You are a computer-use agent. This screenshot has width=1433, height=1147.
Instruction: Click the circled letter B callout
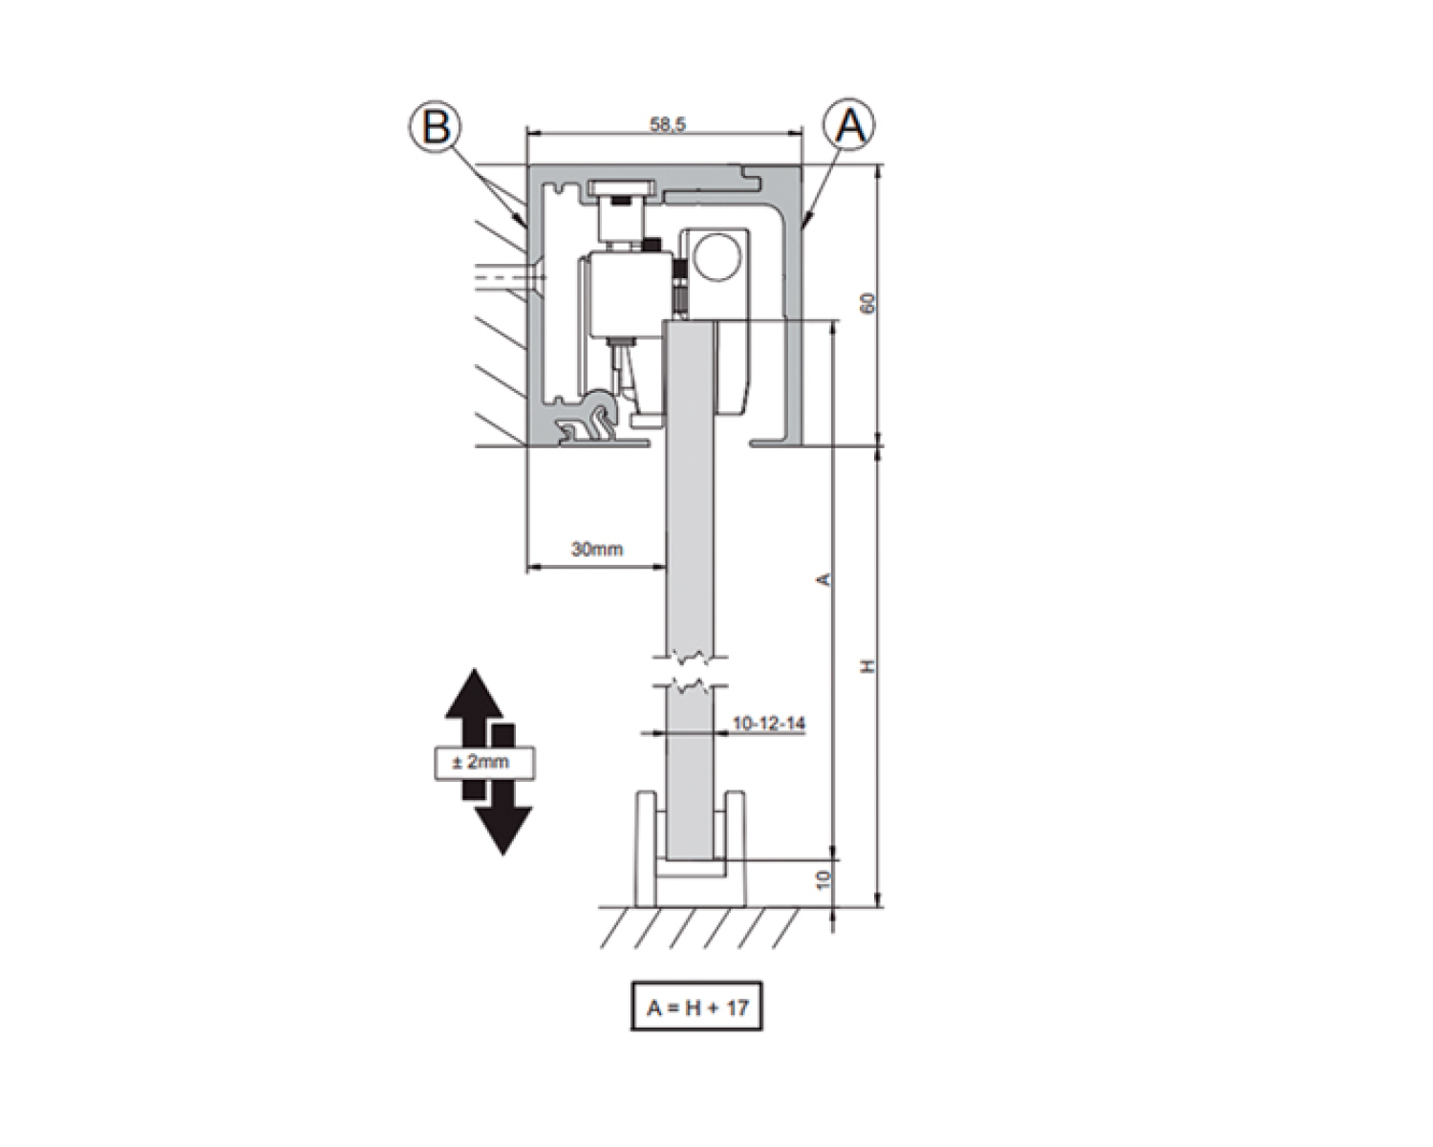pyautogui.click(x=435, y=126)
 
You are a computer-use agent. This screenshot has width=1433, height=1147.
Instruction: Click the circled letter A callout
pyautogui.click(x=849, y=124)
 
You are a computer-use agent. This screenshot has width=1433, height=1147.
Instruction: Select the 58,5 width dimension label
pyautogui.click(x=667, y=124)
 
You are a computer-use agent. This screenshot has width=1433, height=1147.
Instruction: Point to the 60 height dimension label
pyautogui.click(x=867, y=303)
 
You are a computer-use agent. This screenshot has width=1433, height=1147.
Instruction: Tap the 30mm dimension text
pyautogui.click(x=597, y=550)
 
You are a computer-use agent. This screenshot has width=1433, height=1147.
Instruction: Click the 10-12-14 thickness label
pyautogui.click(x=769, y=724)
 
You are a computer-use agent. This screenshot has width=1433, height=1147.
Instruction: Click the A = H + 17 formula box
pyautogui.click(x=696, y=1006)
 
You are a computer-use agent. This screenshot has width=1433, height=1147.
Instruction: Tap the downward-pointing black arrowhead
pyautogui.click(x=503, y=830)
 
